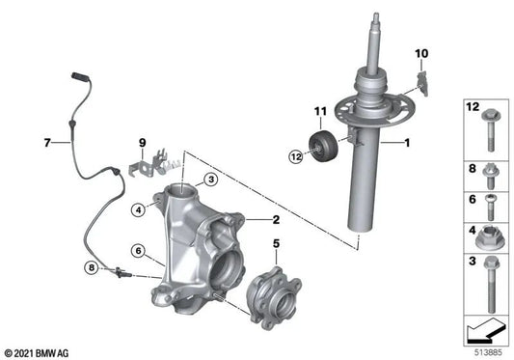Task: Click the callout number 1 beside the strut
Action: pyautogui.click(x=407, y=144)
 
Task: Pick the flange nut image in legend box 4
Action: pyautogui.click(x=486, y=237)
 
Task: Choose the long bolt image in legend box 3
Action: pyautogui.click(x=486, y=288)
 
